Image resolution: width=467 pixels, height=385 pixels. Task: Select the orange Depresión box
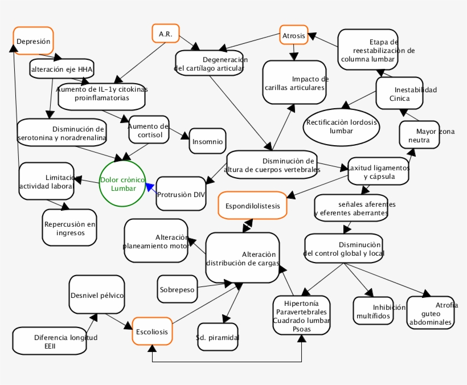click(34, 41)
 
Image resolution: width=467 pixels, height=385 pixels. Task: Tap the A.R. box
click(166, 34)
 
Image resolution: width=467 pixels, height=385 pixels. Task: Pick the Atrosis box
click(294, 35)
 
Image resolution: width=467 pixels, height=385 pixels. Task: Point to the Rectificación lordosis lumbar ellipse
click(341, 126)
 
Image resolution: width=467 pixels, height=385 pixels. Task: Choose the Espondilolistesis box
click(253, 206)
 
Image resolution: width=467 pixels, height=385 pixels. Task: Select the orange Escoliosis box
click(153, 331)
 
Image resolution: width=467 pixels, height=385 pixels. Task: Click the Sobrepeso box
click(177, 289)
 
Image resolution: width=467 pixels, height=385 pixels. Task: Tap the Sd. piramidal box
click(217, 337)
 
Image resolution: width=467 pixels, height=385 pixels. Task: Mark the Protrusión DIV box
click(181, 194)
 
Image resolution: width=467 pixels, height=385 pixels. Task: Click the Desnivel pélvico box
click(97, 295)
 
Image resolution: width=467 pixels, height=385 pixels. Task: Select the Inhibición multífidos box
click(373, 311)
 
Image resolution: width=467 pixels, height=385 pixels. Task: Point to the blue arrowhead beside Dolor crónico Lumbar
click(150, 188)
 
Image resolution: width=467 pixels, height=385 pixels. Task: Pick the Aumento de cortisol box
click(149, 130)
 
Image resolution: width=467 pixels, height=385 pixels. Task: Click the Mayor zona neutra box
click(419, 135)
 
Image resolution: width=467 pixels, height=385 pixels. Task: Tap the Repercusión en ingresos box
click(69, 228)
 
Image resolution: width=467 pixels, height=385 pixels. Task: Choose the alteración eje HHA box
click(62, 69)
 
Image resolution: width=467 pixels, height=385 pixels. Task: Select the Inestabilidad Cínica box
click(400, 93)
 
